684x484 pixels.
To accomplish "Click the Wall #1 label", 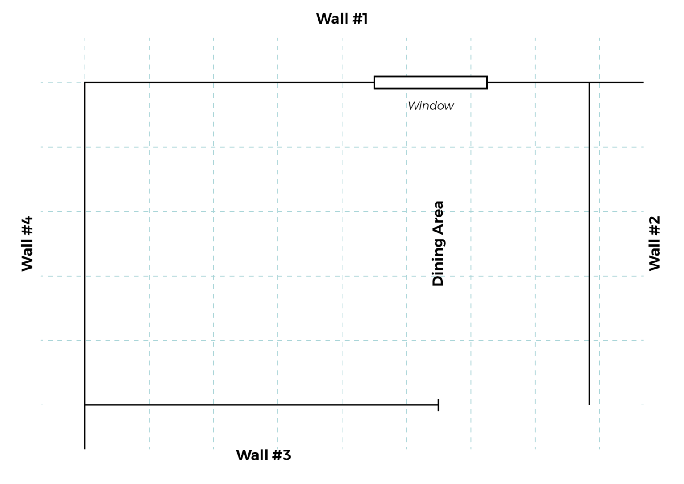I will tap(342, 19).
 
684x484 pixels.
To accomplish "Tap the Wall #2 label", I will tap(654, 243).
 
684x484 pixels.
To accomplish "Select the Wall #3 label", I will tap(264, 455).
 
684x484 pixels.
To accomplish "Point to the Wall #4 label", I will tap(27, 244).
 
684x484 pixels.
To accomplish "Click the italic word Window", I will tap(431, 106).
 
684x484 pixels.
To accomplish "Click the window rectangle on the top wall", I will tap(430, 83).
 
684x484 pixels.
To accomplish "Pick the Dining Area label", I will tap(438, 244).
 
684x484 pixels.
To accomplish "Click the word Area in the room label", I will tap(438, 217).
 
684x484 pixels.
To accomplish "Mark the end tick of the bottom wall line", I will tap(438, 405).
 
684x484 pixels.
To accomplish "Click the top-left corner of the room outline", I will tap(85, 83).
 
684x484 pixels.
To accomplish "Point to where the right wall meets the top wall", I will tap(589, 83).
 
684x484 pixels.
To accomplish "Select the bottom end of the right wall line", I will tap(589, 404).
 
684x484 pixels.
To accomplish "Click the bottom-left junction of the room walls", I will tap(85, 405).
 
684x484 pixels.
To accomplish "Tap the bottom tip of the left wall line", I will tap(85, 448).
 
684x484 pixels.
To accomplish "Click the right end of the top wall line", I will tap(643, 83).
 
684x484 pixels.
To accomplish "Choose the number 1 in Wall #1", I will tap(364, 19).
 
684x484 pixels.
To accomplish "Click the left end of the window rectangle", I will tap(375, 83).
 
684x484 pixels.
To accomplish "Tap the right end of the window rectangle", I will tap(487, 83).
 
